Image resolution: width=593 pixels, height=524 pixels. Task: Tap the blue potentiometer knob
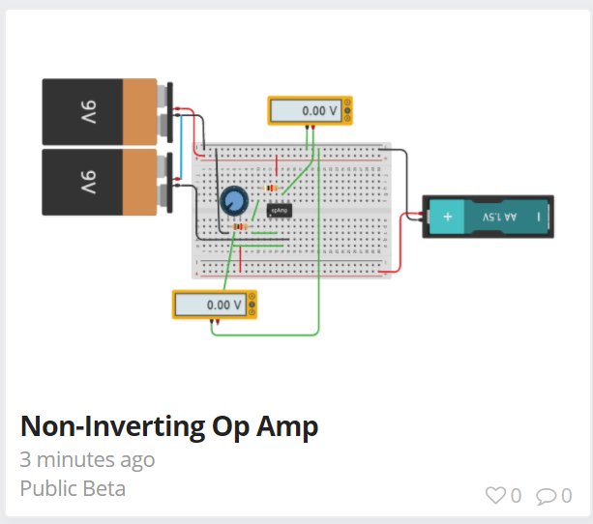[x=233, y=201]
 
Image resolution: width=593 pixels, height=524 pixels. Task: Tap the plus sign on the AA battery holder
[x=448, y=218]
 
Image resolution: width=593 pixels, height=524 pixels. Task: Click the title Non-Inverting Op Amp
[x=168, y=426]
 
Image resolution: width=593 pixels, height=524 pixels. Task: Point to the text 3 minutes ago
[x=87, y=459]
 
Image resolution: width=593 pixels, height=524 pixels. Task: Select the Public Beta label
[x=73, y=488]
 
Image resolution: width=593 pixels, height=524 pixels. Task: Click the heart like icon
[x=495, y=496]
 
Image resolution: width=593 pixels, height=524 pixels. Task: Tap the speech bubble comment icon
[x=547, y=496]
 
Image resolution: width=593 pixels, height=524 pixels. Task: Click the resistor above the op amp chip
[x=271, y=189]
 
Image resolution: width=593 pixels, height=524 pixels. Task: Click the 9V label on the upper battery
[x=88, y=112]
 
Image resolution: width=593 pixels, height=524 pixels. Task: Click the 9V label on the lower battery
[x=88, y=182]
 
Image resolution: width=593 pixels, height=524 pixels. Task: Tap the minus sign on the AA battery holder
[x=540, y=218]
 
